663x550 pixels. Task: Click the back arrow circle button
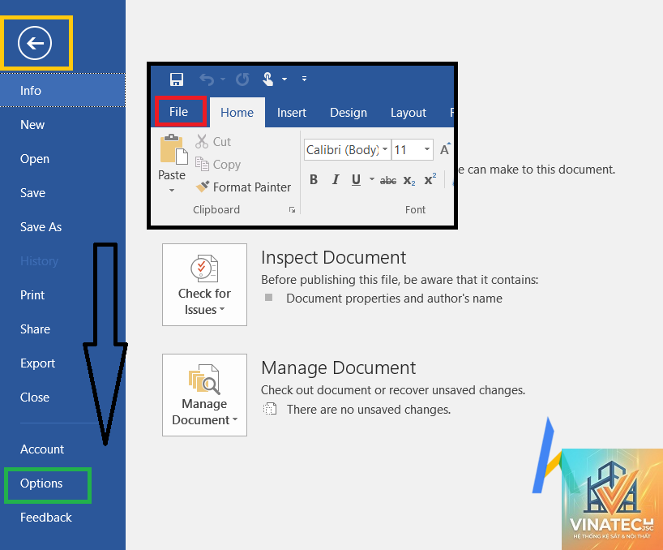[x=35, y=43]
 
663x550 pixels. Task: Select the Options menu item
[x=41, y=483]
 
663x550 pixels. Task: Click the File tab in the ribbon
[x=178, y=112]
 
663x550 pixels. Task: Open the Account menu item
[x=42, y=449]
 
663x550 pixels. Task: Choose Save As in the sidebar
[x=41, y=227]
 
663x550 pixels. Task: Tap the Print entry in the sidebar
[x=32, y=295]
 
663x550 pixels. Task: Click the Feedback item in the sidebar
[x=46, y=517]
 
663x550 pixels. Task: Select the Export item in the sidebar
[x=37, y=363]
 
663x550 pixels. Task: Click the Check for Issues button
[x=204, y=284]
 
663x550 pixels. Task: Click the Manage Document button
[x=204, y=395]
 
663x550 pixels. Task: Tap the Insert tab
[x=291, y=113]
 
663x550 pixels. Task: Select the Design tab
[x=349, y=113]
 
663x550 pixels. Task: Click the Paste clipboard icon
[x=173, y=149]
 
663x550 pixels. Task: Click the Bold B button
[x=314, y=180]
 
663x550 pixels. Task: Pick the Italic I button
[x=336, y=180]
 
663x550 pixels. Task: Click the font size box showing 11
[x=413, y=150]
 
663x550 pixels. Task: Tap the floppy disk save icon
[x=177, y=79]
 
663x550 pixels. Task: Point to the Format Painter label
[x=252, y=187]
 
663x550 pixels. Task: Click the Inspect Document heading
[x=334, y=257]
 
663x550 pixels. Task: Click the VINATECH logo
[x=612, y=499]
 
